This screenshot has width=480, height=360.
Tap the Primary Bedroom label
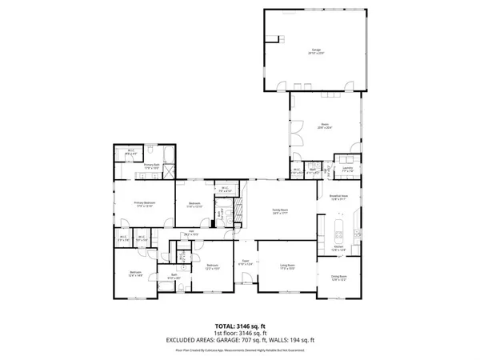pyautogui.click(x=144, y=204)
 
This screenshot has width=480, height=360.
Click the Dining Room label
pyautogui.click(x=339, y=278)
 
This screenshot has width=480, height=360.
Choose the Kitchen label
pyautogui.click(x=339, y=249)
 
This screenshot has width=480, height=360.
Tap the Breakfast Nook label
pyautogui.click(x=338, y=197)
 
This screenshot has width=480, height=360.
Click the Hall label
pyautogui.click(x=192, y=234)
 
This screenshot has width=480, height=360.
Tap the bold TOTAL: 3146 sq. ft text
pyautogui.click(x=240, y=326)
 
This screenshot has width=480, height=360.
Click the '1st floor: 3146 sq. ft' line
pyautogui.click(x=240, y=332)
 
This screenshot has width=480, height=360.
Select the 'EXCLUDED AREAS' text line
pyautogui.click(x=240, y=338)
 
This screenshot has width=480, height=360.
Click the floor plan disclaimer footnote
pyautogui.click(x=240, y=349)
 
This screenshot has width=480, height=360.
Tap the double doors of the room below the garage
pyautogui.click(x=294, y=130)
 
